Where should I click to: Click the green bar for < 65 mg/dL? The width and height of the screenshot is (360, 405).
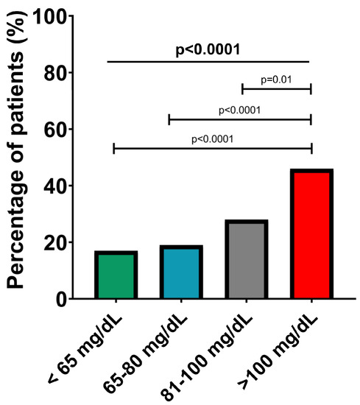click(116, 275)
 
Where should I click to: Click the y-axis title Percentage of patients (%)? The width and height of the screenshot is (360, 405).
click(22, 158)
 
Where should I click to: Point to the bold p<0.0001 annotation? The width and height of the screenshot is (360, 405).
click(209, 49)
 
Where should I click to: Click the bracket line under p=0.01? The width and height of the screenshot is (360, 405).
click(277, 88)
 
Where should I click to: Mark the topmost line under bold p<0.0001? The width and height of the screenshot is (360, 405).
click(209, 61)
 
